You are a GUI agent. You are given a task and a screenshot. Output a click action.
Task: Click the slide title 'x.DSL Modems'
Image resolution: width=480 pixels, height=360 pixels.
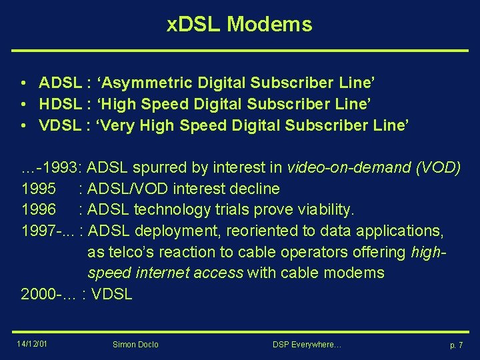[x=239, y=25]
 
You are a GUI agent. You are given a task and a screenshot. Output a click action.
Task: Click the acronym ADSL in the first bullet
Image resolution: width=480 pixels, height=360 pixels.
[x=60, y=83]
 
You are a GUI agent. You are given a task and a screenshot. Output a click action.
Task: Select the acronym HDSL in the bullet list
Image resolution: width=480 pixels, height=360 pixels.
[x=60, y=104]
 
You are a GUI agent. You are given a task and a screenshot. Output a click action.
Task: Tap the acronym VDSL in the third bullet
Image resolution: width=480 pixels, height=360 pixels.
[x=60, y=125]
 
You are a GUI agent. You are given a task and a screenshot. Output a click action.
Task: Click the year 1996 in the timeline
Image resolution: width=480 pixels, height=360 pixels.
[x=39, y=210]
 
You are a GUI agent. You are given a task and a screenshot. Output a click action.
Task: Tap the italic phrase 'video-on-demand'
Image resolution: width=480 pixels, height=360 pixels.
[x=347, y=167]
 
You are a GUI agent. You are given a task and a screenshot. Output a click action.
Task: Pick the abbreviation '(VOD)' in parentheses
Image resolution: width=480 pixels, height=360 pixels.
[x=437, y=167]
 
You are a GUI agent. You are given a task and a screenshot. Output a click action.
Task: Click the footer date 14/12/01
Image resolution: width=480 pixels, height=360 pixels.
[x=33, y=344]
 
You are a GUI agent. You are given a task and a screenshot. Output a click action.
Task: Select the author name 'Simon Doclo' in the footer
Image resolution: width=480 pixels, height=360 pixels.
[x=135, y=345]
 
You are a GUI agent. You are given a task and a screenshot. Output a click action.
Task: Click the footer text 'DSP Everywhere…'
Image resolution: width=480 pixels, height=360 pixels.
[x=307, y=345]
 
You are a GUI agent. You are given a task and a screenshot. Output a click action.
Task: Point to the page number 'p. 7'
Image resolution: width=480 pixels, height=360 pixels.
[x=456, y=345]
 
